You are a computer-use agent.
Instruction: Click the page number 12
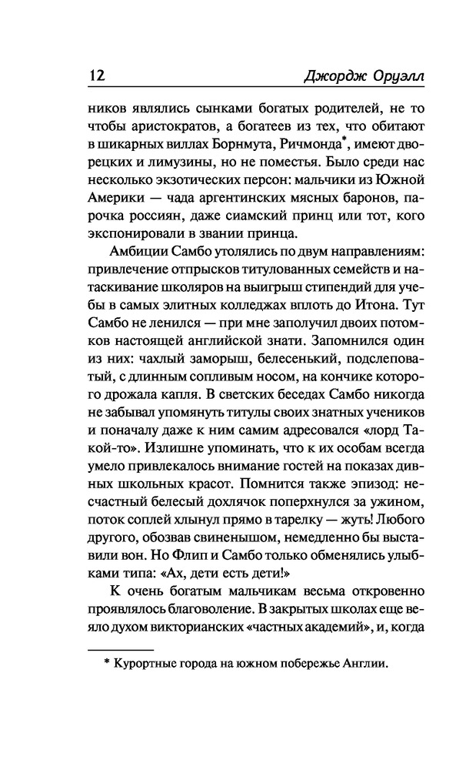[91, 77]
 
